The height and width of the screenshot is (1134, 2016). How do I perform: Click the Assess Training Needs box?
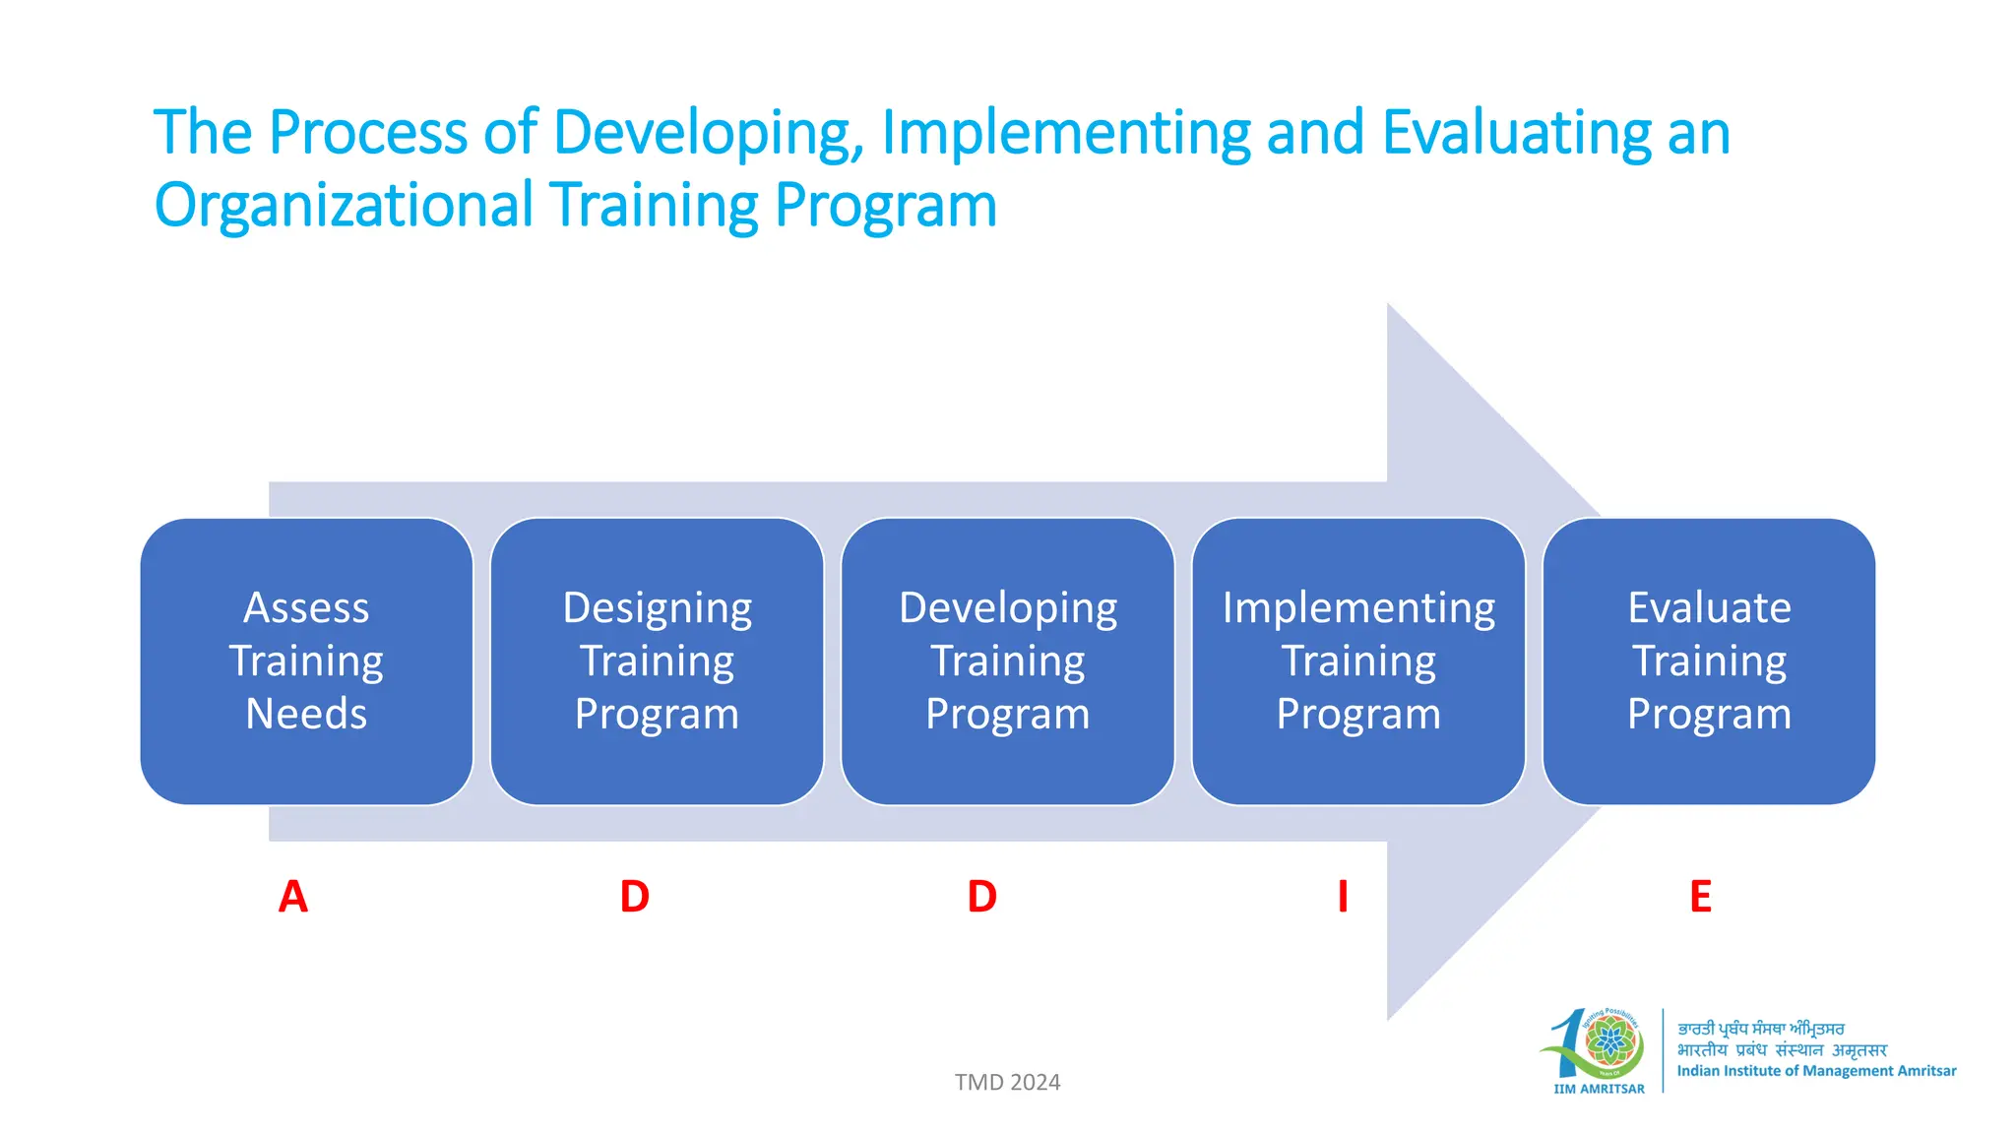point(306,661)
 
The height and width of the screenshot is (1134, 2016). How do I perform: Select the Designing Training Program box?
point(657,661)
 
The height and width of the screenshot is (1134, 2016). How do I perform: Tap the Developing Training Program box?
point(1007,661)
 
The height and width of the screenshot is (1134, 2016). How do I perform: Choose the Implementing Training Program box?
point(1357,661)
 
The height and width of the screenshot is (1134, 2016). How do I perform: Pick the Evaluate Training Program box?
point(1709,661)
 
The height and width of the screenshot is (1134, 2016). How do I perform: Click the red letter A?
point(292,897)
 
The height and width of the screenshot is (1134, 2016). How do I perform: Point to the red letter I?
point(1343,897)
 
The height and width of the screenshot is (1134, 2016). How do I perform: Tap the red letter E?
point(1700,897)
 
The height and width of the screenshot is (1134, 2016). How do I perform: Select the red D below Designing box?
point(635,897)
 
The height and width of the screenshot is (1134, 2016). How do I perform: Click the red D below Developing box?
point(982,897)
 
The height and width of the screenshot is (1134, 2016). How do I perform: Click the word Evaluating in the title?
point(1517,133)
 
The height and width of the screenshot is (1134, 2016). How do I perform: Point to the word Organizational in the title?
point(344,206)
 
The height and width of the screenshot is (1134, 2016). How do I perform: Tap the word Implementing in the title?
point(1066,133)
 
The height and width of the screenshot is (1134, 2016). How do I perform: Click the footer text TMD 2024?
point(1007,1082)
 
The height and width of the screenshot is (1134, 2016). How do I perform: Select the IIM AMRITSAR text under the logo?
point(1599,1089)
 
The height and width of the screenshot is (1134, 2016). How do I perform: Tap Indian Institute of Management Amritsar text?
point(1816,1071)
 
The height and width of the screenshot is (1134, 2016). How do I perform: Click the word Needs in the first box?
point(306,714)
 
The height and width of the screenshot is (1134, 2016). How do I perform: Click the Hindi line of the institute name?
point(1782,1050)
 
